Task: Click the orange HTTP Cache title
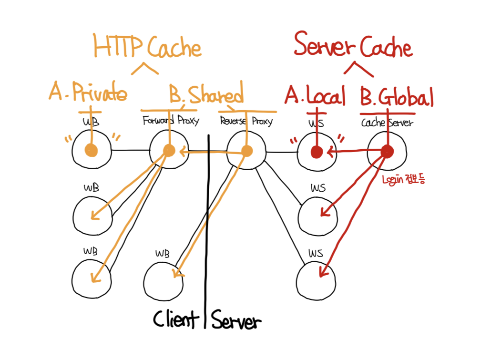[x=147, y=48]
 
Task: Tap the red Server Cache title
[x=353, y=47]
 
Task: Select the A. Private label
[x=88, y=94]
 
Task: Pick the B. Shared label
[x=206, y=94]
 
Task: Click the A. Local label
[x=315, y=97]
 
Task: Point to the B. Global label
[x=397, y=98]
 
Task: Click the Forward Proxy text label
[x=171, y=121]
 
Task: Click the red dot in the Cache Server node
[x=387, y=152]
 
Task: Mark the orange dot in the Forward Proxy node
[x=169, y=151]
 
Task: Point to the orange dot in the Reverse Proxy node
[x=246, y=151]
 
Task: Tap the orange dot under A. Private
[x=91, y=151]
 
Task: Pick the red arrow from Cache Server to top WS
[x=353, y=152]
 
